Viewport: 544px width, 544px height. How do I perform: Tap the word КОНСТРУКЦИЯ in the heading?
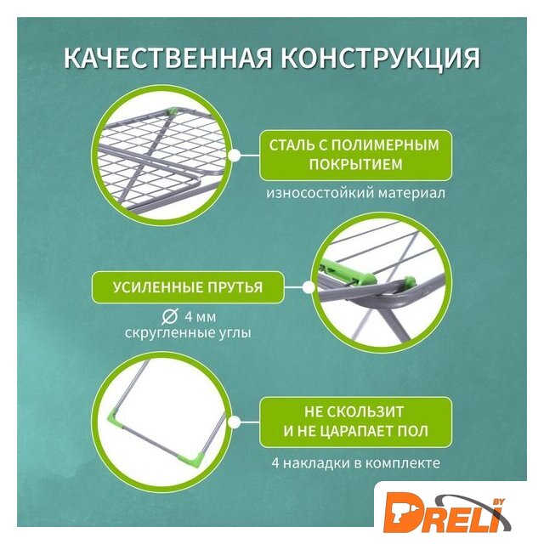click(381, 59)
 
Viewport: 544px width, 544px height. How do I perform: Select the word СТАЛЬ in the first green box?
click(291, 145)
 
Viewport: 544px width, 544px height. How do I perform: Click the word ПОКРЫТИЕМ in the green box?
click(355, 165)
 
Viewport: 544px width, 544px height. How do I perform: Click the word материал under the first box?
click(411, 193)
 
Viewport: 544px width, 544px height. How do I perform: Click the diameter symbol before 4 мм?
click(170, 316)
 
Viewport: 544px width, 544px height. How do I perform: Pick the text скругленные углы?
click(188, 333)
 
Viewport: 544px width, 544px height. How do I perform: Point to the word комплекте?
click(403, 462)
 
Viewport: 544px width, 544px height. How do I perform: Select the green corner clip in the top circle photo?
click(172, 112)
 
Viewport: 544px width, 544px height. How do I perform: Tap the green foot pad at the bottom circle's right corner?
click(201, 457)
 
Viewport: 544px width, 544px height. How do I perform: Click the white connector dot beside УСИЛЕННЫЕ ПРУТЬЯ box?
click(308, 287)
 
